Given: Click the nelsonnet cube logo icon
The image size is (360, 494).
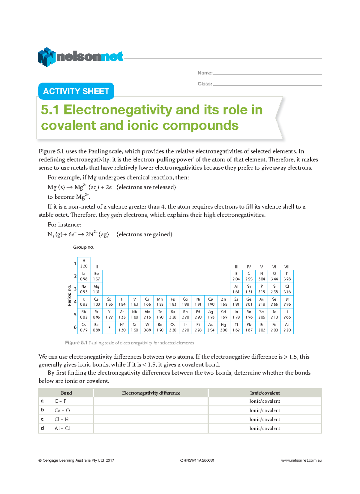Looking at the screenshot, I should (46, 57).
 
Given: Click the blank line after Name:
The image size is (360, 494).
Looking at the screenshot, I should (267, 74).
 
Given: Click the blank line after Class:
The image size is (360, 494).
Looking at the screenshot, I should (267, 85).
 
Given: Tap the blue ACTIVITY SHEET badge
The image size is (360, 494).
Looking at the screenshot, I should (76, 91).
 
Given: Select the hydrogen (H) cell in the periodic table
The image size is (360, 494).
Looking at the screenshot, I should (84, 263).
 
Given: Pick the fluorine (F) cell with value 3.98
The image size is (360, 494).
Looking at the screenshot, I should (287, 276).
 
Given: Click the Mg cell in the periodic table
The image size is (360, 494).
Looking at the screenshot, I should (96, 289).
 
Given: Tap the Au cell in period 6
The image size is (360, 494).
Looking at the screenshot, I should (211, 327).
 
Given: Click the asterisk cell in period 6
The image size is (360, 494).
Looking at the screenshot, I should (109, 327).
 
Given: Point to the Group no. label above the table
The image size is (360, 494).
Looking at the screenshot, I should (83, 247).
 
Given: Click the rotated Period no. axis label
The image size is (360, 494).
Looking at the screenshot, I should (69, 295).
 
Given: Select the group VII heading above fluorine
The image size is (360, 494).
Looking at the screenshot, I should (287, 267).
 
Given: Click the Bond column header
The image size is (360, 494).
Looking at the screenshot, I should (66, 393).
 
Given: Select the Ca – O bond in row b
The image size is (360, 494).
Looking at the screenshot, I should (62, 410).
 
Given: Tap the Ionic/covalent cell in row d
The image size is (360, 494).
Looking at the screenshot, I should (265, 429).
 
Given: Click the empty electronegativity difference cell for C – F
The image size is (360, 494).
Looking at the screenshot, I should (151, 401).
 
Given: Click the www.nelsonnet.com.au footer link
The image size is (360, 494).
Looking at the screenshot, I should (301, 460).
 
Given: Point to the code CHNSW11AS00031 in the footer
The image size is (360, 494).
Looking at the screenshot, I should (197, 460).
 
